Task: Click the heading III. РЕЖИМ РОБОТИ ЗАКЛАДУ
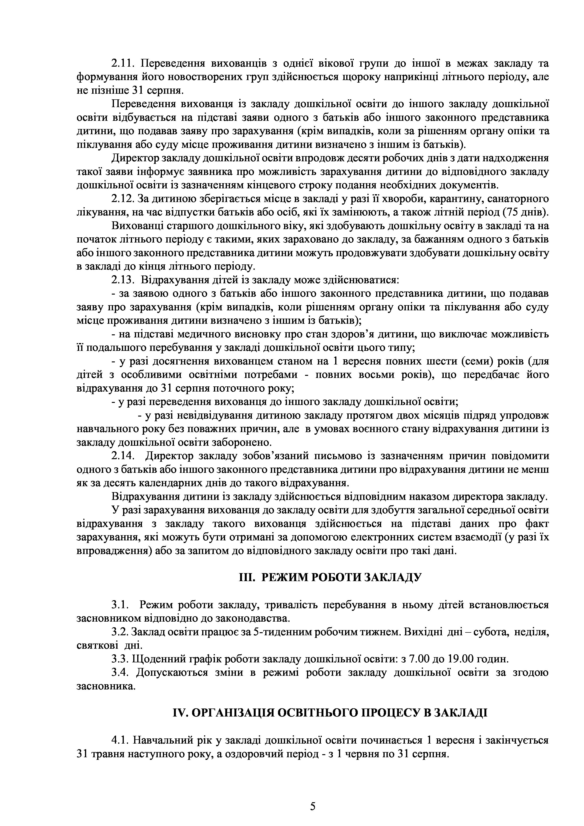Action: click(330, 578)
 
